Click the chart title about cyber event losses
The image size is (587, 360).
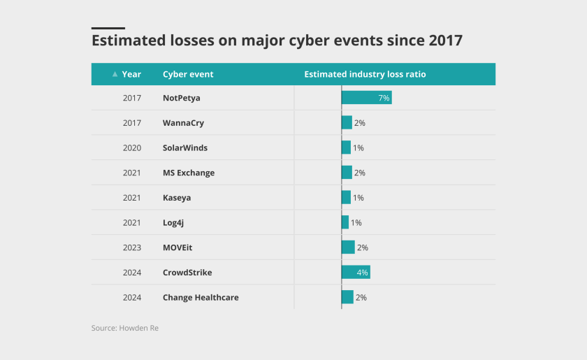click(x=277, y=40)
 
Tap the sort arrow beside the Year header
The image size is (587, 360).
click(x=115, y=74)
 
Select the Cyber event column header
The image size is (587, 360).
click(x=188, y=74)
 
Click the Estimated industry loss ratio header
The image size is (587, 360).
click(x=365, y=74)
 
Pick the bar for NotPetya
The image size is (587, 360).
click(x=366, y=98)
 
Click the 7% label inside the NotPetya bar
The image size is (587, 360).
click(x=384, y=98)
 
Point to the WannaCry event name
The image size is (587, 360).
click(x=183, y=123)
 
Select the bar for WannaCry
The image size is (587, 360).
click(x=347, y=123)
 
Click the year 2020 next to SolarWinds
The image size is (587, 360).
click(x=132, y=147)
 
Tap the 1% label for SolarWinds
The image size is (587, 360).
click(x=358, y=147)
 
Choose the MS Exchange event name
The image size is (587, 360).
click(x=189, y=173)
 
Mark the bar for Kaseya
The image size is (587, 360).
click(x=346, y=198)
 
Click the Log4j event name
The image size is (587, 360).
click(x=173, y=222)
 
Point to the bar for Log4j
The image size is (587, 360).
click(x=345, y=222)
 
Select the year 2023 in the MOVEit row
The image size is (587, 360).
click(x=132, y=247)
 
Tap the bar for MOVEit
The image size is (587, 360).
click(x=348, y=247)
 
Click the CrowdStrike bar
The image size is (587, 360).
click(x=355, y=273)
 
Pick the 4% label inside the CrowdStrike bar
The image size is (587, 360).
click(x=362, y=273)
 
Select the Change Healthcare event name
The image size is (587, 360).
click(x=201, y=297)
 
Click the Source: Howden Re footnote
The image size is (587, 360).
click(x=124, y=328)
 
